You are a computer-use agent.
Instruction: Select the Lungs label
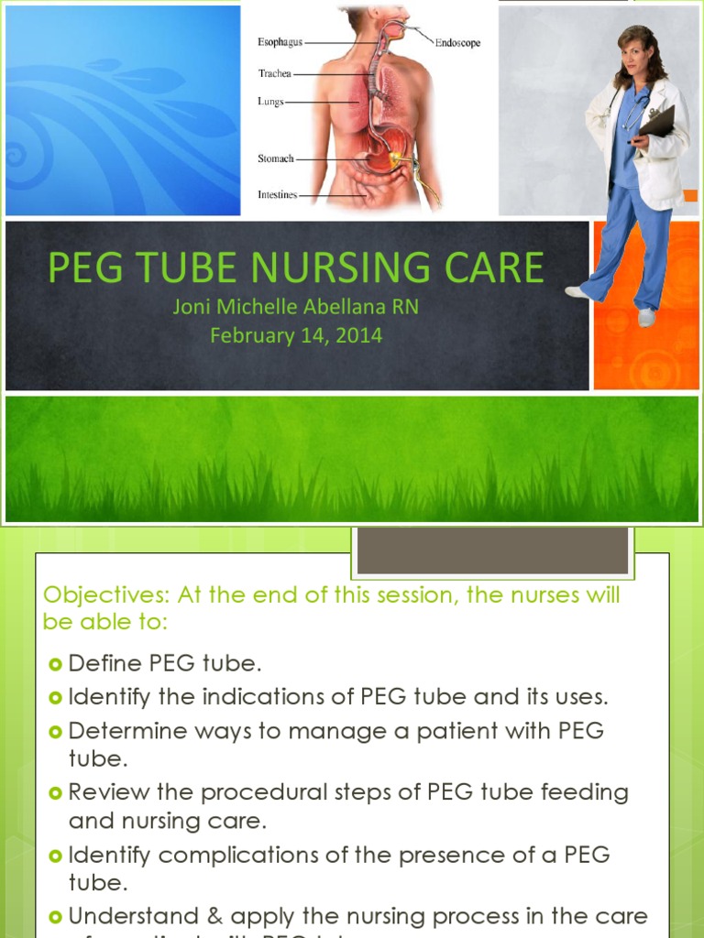click(270, 103)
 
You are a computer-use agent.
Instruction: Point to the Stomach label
click(275, 158)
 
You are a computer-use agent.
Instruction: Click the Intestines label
click(278, 195)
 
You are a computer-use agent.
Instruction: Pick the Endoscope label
click(457, 42)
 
